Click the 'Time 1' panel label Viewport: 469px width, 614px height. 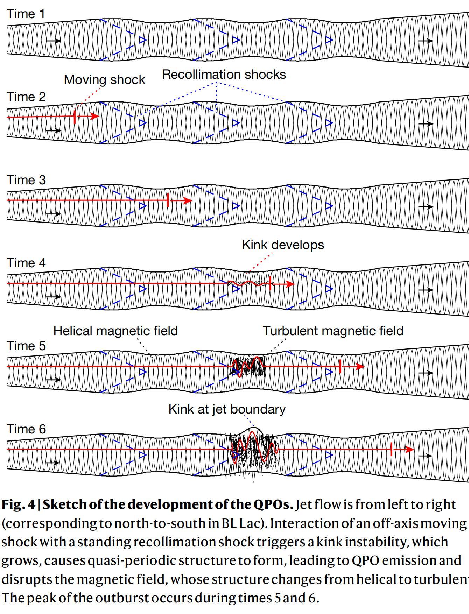tap(26, 14)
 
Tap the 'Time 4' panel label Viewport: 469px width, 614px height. tap(26, 263)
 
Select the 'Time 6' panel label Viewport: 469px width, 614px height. tap(26, 429)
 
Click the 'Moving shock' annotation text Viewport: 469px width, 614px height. tap(104, 79)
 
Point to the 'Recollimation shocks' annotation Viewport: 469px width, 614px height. tap(224, 74)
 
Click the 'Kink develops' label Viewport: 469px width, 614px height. tap(283, 245)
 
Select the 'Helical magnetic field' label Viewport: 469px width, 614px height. tap(115, 331)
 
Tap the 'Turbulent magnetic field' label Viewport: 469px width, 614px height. tap(333, 331)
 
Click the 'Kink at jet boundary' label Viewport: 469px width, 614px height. tap(227, 409)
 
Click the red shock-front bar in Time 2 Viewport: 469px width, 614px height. tap(75, 117)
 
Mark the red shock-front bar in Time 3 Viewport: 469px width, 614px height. tap(168, 200)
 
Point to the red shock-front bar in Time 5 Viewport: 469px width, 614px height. tap(340, 366)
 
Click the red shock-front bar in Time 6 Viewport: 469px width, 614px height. tap(391, 449)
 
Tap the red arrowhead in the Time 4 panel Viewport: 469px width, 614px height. tap(290, 284)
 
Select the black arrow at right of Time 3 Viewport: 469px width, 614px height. tap(426, 207)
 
